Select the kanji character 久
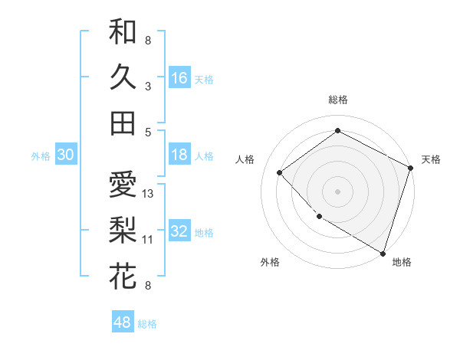[x=123, y=77]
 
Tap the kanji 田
[x=123, y=123]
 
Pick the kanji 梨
[x=123, y=230]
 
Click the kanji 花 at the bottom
[x=123, y=276]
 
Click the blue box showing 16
[x=179, y=77]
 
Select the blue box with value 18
[x=179, y=155]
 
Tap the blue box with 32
[x=179, y=231]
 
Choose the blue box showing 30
[x=65, y=155]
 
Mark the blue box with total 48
[x=123, y=322]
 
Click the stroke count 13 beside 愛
[x=149, y=194]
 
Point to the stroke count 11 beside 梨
[x=148, y=240]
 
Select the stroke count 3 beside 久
[x=148, y=87]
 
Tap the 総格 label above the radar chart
[x=338, y=100]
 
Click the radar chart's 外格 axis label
[x=270, y=262]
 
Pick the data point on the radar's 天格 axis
[x=411, y=169]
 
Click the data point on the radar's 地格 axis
[x=383, y=252]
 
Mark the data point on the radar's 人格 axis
[x=280, y=172]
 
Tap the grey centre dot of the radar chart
[x=338, y=191]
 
